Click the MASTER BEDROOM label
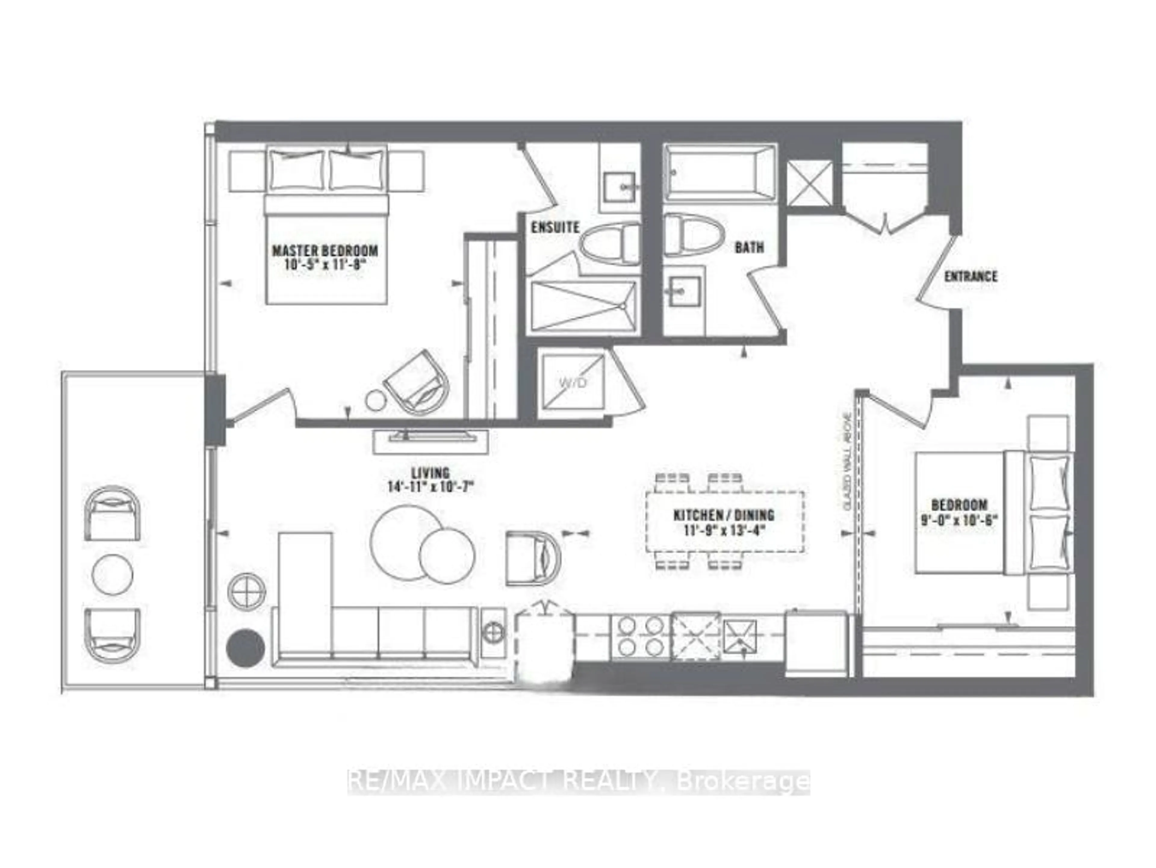click(x=325, y=250)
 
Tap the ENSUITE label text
click(x=555, y=227)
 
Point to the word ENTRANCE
click(x=971, y=277)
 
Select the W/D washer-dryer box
click(x=572, y=382)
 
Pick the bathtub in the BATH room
click(x=719, y=172)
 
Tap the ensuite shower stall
click(x=583, y=306)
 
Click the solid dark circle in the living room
click(x=245, y=648)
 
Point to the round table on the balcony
click(x=112, y=574)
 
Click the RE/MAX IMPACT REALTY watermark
click(x=579, y=782)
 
